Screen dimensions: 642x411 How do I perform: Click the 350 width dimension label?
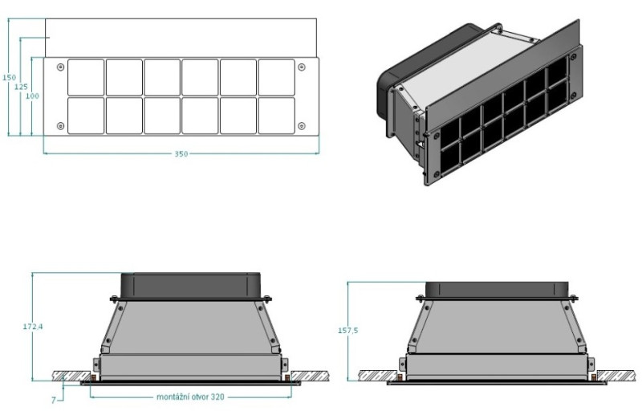point(181,154)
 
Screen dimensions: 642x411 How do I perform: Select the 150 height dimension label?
point(9,77)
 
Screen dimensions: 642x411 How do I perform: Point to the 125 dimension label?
point(21,87)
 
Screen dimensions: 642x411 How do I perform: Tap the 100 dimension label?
point(32,96)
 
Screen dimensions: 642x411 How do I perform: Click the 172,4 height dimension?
point(33,327)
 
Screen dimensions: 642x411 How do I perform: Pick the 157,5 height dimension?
point(347,331)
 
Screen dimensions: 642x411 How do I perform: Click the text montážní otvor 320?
point(190,397)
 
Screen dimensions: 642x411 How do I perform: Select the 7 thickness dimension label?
point(53,400)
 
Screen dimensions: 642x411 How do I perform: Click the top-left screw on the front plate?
point(61,67)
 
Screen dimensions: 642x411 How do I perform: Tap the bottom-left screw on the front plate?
point(61,126)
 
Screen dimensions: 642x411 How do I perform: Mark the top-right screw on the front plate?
point(302,67)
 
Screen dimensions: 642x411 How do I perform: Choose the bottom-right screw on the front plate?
point(302,126)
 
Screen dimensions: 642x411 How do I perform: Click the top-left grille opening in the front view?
point(86,77)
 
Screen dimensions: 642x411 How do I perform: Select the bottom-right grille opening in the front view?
point(276,116)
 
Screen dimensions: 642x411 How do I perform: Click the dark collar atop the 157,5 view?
point(497,291)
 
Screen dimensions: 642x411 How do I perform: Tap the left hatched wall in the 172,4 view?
point(72,376)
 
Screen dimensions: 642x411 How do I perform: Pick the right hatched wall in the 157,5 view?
point(616,376)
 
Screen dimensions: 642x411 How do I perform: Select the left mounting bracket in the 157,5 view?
point(402,364)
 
